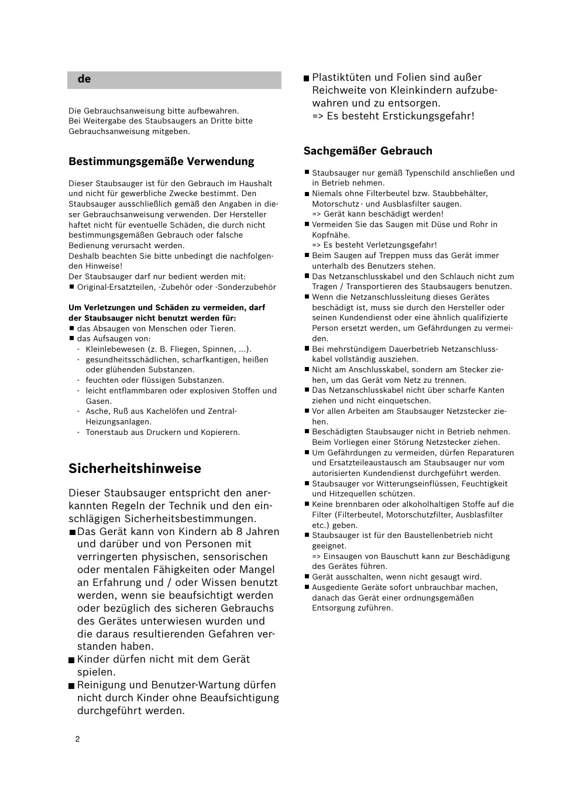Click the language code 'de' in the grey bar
coord(84,79)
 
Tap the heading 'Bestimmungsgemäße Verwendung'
coord(162,162)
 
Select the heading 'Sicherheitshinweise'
coord(135,468)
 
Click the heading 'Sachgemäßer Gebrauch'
coord(367,151)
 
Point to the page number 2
coord(77,739)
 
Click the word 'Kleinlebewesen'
coord(115,349)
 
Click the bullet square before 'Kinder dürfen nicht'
coord(71,660)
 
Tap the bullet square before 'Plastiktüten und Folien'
coord(306,78)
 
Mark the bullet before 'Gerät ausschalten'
coord(306,577)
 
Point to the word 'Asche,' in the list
coord(98,411)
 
